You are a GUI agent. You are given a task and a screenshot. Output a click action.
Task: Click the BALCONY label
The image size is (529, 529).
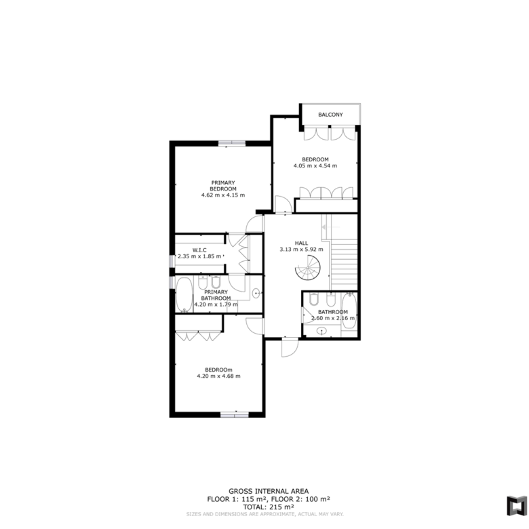click(330, 115)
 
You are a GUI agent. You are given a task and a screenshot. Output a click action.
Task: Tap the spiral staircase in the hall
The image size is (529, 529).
click(308, 268)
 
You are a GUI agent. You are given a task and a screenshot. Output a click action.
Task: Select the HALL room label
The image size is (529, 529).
click(301, 243)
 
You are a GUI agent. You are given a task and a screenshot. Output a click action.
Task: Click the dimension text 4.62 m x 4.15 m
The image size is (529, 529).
click(223, 195)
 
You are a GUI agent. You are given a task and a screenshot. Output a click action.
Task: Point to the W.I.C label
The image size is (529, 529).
click(199, 250)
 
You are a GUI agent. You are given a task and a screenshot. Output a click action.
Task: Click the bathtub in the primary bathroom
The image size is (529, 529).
click(184, 295)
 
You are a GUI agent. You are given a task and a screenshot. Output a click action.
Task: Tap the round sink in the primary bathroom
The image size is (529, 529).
click(256, 293)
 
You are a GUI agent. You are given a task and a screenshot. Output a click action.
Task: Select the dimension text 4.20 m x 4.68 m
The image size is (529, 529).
click(218, 376)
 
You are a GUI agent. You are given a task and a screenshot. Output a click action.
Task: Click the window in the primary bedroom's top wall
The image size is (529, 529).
click(232, 143)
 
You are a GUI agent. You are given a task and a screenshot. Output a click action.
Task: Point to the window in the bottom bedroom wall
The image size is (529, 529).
click(235, 414)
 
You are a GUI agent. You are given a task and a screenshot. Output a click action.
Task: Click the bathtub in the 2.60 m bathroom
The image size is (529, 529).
click(349, 311)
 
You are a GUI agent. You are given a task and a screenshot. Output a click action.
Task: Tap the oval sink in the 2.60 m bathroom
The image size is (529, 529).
click(321, 331)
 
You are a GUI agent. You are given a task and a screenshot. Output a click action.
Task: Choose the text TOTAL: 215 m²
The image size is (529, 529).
click(269, 507)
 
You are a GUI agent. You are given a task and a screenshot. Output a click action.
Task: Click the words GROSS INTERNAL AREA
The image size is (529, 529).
click(269, 492)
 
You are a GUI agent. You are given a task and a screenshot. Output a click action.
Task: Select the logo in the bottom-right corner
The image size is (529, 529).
click(517, 505)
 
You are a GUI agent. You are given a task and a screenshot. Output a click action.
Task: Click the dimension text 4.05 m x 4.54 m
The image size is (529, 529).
click(315, 165)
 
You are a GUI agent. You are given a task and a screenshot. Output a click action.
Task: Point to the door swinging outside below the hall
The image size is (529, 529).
click(290, 347)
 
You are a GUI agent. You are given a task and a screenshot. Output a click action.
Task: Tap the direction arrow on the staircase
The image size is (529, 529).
click(331, 227)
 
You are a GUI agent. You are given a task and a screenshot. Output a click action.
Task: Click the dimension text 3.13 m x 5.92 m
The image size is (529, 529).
click(301, 250)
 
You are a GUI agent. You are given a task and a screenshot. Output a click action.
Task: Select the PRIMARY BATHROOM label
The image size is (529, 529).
click(216, 295)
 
